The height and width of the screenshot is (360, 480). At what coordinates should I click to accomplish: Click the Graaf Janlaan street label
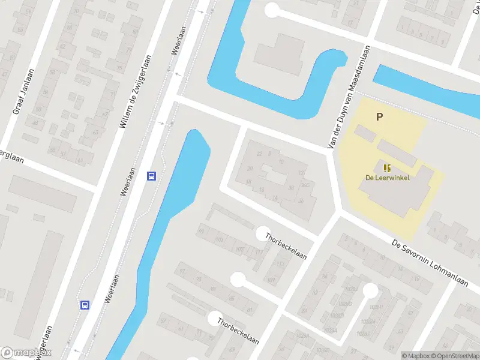(x=23, y=91)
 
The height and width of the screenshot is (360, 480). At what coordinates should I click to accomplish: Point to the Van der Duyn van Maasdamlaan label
(x=349, y=97)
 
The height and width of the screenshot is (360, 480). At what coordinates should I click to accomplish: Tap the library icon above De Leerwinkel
(x=387, y=167)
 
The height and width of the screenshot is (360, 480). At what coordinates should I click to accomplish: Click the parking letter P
(x=379, y=117)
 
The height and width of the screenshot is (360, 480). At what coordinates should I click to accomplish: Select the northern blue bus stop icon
(x=152, y=176)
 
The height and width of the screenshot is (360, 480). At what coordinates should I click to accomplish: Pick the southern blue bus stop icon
(x=85, y=304)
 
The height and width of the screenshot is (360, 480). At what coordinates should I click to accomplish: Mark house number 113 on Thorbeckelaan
(x=281, y=263)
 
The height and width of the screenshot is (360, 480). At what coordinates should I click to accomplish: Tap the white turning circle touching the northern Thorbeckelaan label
(x=263, y=233)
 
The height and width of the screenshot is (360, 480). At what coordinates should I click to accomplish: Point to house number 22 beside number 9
(x=259, y=154)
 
